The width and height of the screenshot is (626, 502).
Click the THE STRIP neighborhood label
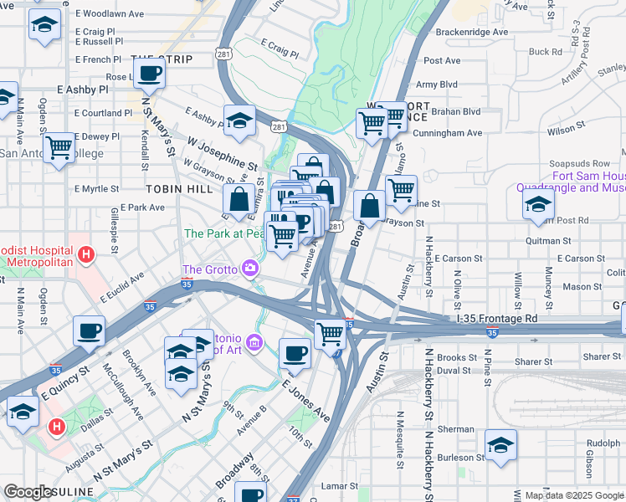pyautogui.click(x=162, y=59)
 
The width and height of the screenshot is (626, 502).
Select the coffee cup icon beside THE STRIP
pyautogui.click(x=150, y=74)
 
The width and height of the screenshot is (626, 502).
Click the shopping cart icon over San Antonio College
pyautogui.click(x=59, y=148)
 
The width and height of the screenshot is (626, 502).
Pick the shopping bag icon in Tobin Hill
pyautogui.click(x=239, y=200)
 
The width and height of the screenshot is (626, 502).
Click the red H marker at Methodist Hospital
pyautogui.click(x=85, y=254)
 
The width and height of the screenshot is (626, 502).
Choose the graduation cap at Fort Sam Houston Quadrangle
pyautogui.click(x=538, y=203)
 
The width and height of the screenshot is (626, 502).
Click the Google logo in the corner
pyautogui.click(x=28, y=493)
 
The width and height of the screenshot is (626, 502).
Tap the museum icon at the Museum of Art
pyautogui.click(x=256, y=343)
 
